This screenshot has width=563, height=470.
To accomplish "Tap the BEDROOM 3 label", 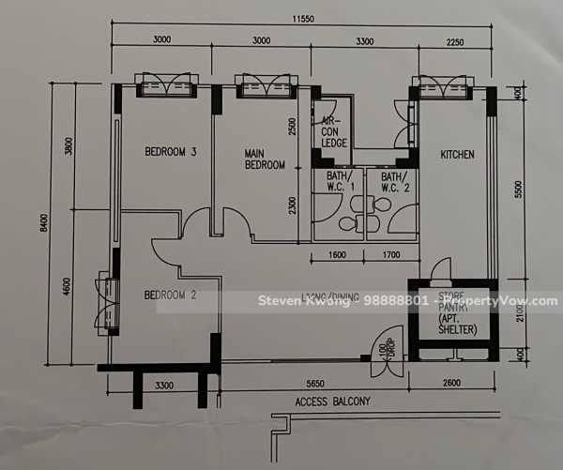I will pyautogui.click(x=170, y=152).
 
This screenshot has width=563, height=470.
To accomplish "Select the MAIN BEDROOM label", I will pyautogui.click(x=265, y=159).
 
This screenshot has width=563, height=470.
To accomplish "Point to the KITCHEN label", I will pyautogui.click(x=456, y=155).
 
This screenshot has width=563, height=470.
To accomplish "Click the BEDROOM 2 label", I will pyautogui.click(x=170, y=296).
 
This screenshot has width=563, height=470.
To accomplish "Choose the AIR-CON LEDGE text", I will pyautogui.click(x=334, y=131).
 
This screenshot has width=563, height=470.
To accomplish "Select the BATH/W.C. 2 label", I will pyautogui.click(x=392, y=182).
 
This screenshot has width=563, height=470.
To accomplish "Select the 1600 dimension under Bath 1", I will pyautogui.click(x=338, y=254).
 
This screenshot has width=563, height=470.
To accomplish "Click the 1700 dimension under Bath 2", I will pyautogui.click(x=391, y=254).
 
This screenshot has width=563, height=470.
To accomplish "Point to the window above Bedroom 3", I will pyautogui.click(x=166, y=87).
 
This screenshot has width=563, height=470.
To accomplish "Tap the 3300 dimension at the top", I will pyautogui.click(x=360, y=40).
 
